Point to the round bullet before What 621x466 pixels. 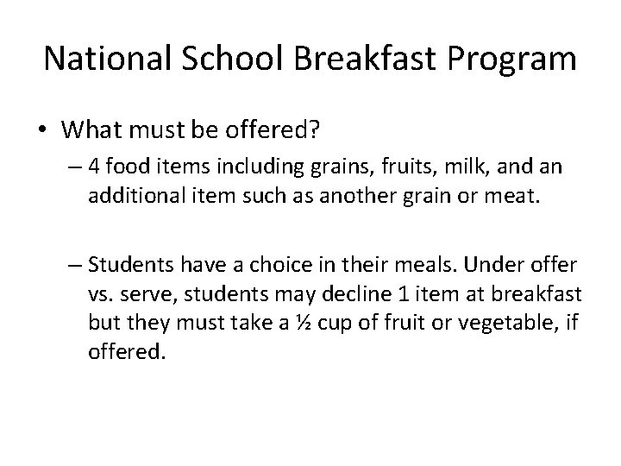pos(44,130)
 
